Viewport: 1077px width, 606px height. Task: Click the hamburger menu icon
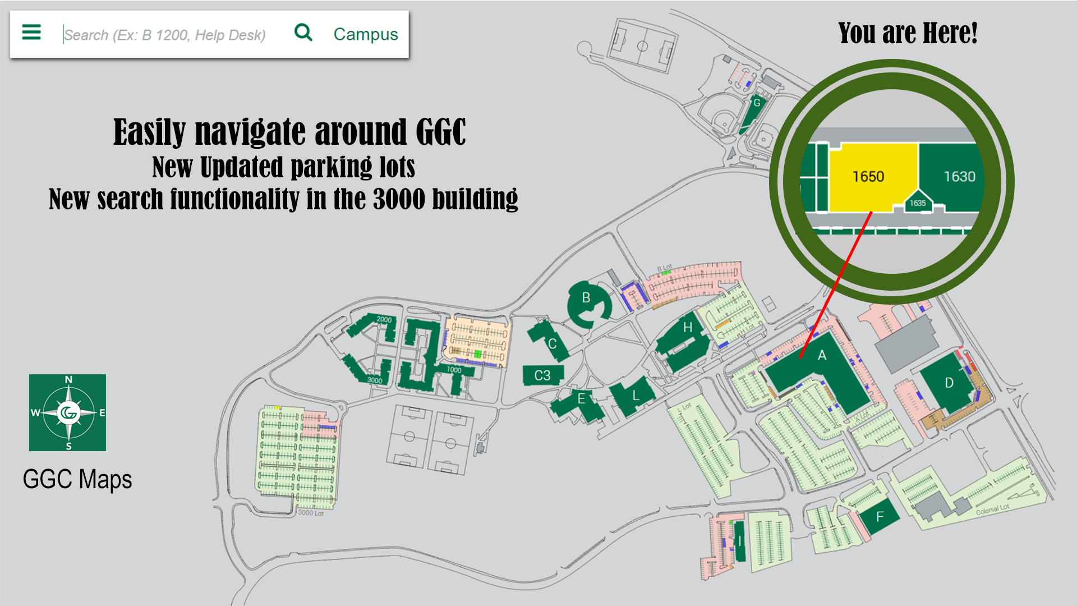tap(31, 33)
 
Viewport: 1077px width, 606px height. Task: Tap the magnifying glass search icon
tap(303, 33)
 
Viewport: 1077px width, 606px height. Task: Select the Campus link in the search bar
tap(366, 34)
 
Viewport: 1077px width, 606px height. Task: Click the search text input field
tap(168, 35)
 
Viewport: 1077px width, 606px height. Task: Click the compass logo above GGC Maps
tap(68, 412)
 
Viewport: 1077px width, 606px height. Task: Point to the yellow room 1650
tap(868, 177)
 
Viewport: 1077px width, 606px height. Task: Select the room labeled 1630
tap(959, 177)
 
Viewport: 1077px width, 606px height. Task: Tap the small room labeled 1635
tap(918, 203)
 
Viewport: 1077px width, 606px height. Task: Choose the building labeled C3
tap(542, 375)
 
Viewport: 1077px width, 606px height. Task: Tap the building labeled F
tap(880, 516)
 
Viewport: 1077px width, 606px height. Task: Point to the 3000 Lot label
tap(311, 513)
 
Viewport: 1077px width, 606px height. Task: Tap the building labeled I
tap(740, 541)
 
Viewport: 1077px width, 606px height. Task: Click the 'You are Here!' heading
tap(908, 33)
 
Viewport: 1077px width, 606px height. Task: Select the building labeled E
tap(581, 399)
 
